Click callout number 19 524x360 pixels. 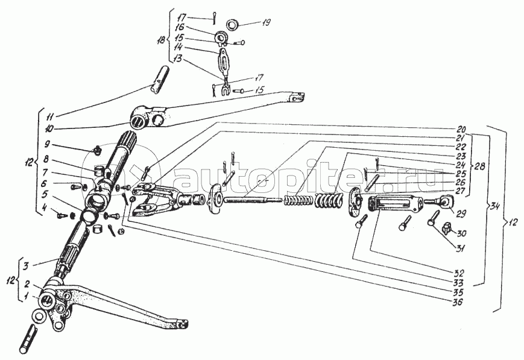tap(267, 22)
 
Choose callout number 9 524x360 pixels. tap(48, 144)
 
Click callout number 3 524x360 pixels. tap(25, 267)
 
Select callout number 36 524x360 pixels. tap(458, 303)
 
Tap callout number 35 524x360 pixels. tap(458, 292)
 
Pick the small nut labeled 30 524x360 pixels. tap(446, 229)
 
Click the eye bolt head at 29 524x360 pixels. tap(446, 202)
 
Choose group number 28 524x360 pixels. tap(480, 166)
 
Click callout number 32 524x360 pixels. tap(459, 273)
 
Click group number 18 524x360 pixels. tap(162, 40)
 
